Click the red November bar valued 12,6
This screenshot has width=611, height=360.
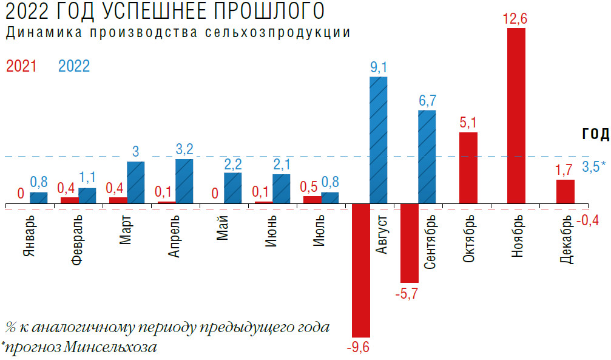click(x=516, y=115)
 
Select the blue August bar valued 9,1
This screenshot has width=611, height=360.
click(x=379, y=140)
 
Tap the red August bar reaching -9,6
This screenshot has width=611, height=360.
click(x=362, y=270)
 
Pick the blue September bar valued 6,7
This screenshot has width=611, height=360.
click(x=427, y=157)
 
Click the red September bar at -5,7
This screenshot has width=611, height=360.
click(x=410, y=243)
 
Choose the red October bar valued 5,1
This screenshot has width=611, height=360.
click(x=468, y=168)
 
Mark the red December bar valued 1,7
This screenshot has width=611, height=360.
click(x=565, y=191)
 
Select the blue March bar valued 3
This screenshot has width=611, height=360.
click(x=136, y=182)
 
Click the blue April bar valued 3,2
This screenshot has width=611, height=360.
click(x=184, y=181)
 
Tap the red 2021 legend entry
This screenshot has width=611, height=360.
click(x=21, y=66)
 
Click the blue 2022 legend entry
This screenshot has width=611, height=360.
click(x=74, y=66)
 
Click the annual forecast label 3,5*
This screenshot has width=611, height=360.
click(x=594, y=166)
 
